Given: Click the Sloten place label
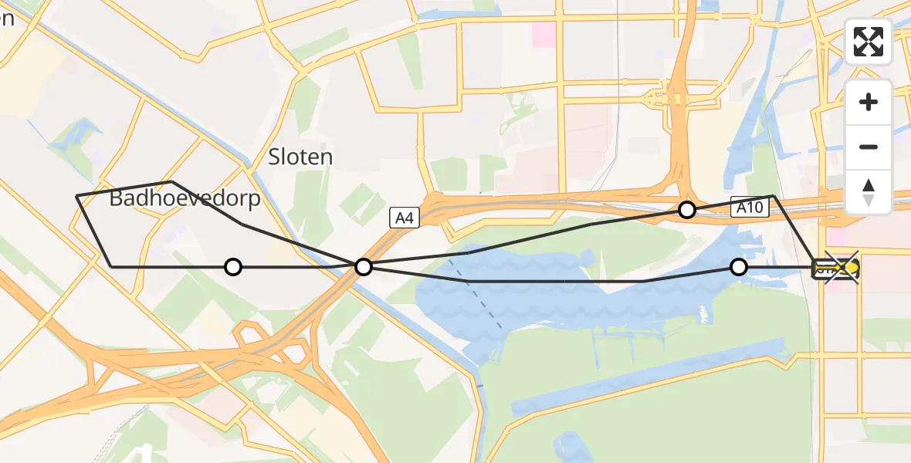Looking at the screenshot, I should point(300,157).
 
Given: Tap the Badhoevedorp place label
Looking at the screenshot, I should point(185,199).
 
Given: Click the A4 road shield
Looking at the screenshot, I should point(405,218).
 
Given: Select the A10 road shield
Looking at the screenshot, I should point(750,207).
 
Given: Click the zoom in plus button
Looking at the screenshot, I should point(869,102).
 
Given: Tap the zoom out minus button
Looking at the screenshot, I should point(869,147).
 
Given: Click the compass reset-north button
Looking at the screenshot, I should point(869,192).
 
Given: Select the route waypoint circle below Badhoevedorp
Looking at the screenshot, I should point(233,267).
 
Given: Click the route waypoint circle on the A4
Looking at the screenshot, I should point(364,267).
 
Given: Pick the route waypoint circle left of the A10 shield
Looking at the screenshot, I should point(686,209).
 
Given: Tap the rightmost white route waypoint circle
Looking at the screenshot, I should point(739,267).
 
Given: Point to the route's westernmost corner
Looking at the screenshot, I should point(76,196).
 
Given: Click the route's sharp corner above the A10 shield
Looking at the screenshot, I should point(773,196).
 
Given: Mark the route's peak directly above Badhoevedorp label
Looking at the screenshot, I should point(171,181).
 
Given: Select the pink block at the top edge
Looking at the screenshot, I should point(543,34).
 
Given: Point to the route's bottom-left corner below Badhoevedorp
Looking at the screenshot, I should point(112,267).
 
